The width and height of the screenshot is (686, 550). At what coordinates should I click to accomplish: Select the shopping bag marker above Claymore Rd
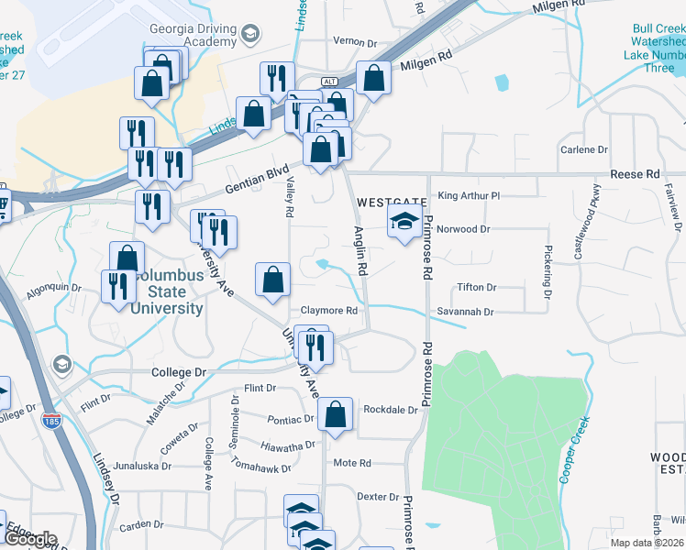coord(272,281)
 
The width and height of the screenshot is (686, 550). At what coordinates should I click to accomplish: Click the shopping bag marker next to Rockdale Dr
coord(336,415)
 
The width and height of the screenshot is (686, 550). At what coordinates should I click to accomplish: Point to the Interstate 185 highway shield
coord(50,421)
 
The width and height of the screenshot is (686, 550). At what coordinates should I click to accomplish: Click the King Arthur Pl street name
coord(469,195)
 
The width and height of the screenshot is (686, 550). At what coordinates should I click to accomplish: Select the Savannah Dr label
coord(465,312)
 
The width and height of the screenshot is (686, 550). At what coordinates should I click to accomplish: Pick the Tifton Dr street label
coord(477,287)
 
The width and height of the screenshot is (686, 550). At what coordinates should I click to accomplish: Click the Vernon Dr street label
coord(355,43)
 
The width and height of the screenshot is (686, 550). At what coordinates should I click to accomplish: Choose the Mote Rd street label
coord(352,463)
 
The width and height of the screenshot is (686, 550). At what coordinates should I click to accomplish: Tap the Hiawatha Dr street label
coord(287,445)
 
